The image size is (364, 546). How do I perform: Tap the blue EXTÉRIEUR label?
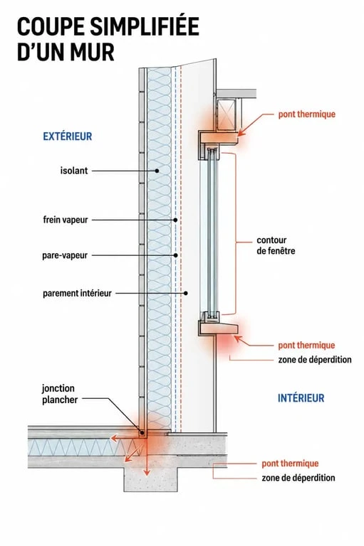(x=68, y=136)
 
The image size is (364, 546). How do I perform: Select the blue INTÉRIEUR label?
(x=301, y=397)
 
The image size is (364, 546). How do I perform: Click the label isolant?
(x=74, y=171)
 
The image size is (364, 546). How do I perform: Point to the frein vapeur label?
(x=66, y=220)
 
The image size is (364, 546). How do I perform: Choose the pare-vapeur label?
(x=65, y=255)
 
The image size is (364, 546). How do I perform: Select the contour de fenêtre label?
(x=276, y=245)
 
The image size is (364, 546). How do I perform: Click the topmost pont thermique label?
(x=307, y=114)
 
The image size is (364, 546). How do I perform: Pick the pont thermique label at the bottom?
(x=290, y=464)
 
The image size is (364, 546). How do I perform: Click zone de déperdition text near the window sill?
(x=315, y=359)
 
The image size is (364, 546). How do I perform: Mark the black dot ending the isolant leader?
(x=157, y=171)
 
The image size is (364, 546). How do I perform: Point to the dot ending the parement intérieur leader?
(x=186, y=293)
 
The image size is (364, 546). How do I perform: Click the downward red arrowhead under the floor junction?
(x=147, y=472)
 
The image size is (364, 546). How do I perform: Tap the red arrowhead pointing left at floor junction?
(x=114, y=438)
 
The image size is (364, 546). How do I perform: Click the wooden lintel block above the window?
(x=219, y=136)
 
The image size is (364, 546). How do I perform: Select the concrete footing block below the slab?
(x=151, y=478)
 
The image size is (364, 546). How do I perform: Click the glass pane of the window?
(x=212, y=232)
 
